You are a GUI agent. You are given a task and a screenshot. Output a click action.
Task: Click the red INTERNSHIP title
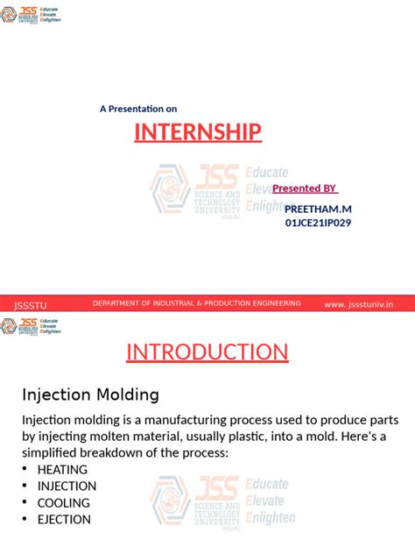tap(198, 132)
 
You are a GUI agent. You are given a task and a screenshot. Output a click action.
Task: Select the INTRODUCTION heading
tap(207, 352)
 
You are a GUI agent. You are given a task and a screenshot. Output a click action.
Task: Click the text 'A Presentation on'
tap(138, 109)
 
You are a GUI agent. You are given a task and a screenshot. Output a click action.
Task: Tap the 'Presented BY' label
tap(305, 188)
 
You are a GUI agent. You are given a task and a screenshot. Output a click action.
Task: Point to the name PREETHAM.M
tap(318, 209)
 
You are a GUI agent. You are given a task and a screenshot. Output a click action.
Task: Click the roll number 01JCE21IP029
tap(319, 223)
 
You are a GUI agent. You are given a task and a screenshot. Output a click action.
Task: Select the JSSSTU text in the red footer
tap(31, 305)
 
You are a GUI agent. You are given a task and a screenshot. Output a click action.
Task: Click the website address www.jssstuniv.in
tap(358, 304)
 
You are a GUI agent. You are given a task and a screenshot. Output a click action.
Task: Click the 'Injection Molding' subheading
tap(90, 394)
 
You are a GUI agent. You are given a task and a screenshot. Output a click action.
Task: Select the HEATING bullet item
tap(62, 470)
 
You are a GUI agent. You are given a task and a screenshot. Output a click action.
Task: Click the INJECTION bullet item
tap(67, 487)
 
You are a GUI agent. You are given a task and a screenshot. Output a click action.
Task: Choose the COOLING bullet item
tap(63, 503)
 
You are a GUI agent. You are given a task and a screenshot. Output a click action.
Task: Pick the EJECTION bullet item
tap(64, 520)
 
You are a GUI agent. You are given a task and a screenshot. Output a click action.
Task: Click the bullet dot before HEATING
tap(25, 470)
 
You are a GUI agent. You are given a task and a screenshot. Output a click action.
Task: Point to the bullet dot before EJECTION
tap(25, 520)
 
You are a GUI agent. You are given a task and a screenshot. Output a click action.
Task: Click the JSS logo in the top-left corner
tap(31, 15)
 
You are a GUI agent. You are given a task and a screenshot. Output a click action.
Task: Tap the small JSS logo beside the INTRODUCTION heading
tap(31, 326)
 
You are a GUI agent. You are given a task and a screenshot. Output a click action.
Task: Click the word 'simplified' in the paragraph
tap(60, 452)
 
